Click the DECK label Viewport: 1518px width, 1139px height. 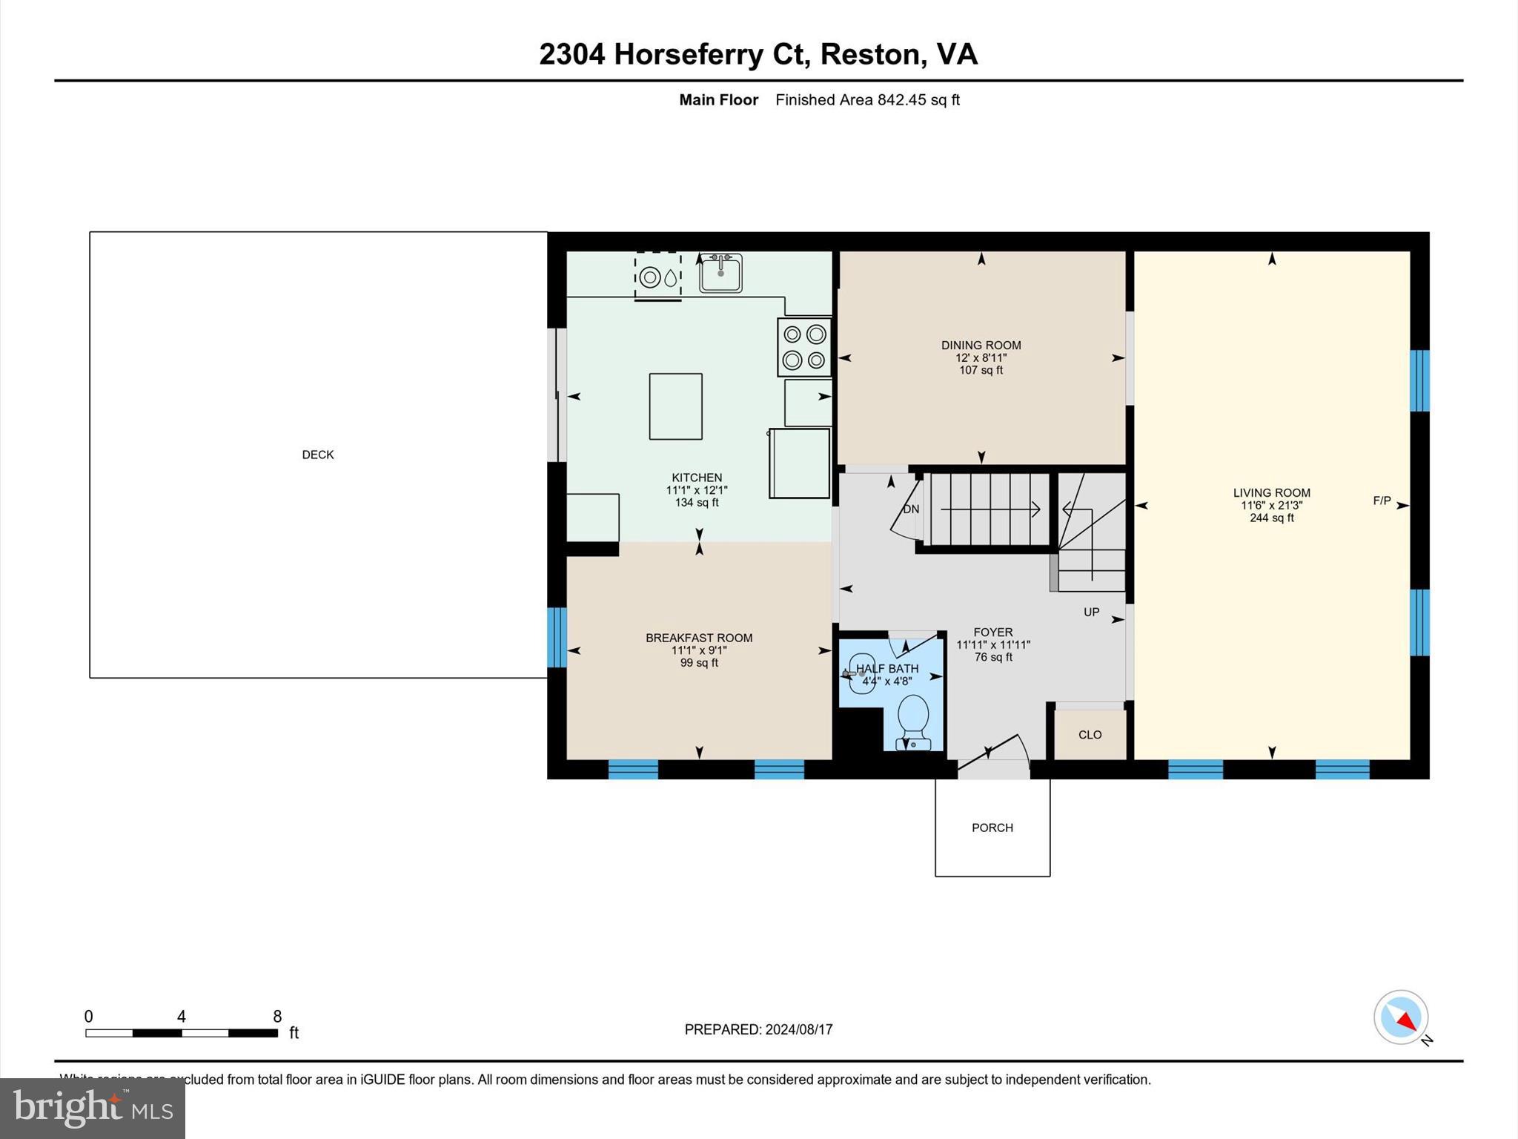[318, 455]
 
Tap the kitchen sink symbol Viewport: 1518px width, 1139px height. [720, 273]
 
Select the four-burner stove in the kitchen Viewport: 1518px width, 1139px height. [804, 347]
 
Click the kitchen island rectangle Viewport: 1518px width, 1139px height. [675, 406]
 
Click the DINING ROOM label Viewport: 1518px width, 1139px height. [981, 345]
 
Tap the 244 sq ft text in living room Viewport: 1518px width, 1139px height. [1271, 518]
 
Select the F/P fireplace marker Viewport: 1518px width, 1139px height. [1382, 501]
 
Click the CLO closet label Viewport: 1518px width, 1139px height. [1090, 735]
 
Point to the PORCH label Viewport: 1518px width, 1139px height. [992, 828]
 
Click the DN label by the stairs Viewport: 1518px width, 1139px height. [911, 509]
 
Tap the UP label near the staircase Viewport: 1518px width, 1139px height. [1091, 612]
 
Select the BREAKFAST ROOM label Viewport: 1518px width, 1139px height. [698, 638]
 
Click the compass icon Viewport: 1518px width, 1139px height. [1400, 1017]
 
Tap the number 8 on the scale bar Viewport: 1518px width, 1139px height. [277, 1017]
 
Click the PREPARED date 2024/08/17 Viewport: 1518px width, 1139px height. [798, 1029]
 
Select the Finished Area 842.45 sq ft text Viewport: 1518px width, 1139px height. [867, 99]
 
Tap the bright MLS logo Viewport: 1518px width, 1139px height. [93, 1108]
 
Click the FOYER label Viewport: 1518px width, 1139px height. [992, 633]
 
